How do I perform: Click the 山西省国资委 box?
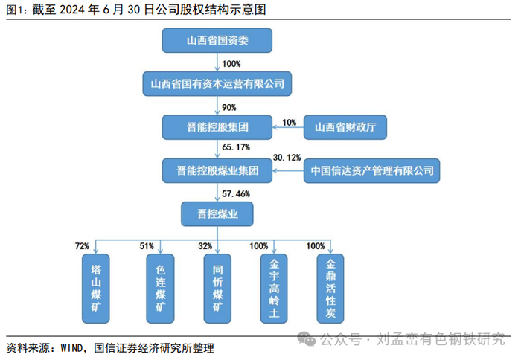(217, 40)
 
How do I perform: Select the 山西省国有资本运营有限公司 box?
(217, 84)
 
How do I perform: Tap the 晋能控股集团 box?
(217, 127)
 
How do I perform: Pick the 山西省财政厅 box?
(345, 127)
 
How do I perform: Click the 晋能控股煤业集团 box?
(217, 171)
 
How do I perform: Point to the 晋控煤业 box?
(217, 215)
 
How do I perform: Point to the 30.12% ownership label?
(287, 158)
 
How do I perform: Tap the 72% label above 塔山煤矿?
(82, 245)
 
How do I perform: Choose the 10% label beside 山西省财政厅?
(290, 122)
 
